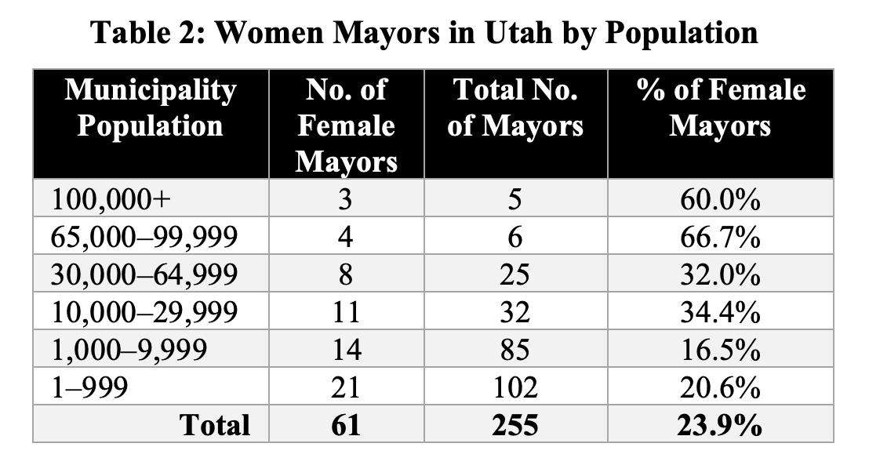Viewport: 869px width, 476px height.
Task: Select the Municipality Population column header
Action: point(150,108)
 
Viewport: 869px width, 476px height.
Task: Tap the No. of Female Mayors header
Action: point(346,125)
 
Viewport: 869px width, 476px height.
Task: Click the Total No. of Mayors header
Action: point(515,108)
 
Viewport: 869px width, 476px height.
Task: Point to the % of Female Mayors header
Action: point(720,108)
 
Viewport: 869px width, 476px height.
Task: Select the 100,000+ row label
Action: point(111,200)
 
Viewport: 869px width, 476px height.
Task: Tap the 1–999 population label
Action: point(89,388)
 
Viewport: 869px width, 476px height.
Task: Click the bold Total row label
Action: point(215,425)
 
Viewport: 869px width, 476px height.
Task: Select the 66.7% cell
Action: point(720,238)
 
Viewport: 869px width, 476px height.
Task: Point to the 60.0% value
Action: point(720,200)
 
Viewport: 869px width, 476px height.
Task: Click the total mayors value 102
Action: point(515,388)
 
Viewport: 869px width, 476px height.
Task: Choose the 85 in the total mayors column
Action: point(515,351)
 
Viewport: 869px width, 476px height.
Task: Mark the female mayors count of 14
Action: point(346,351)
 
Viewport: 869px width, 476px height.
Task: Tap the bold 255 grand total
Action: point(515,425)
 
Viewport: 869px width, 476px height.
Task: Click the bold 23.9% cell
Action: point(720,425)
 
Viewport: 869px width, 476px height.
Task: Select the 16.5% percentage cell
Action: point(720,351)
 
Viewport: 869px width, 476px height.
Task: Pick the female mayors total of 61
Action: point(346,425)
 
